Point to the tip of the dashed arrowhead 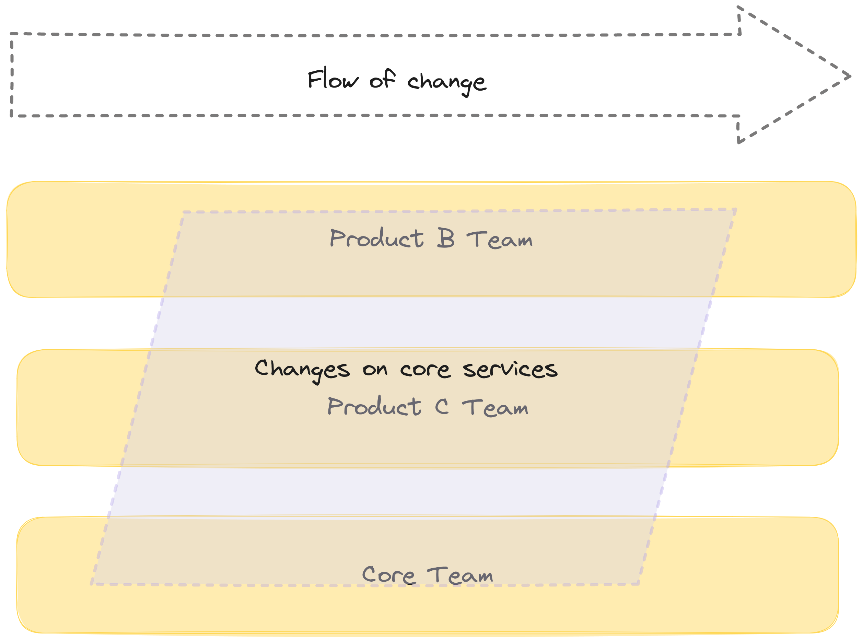(x=850, y=76)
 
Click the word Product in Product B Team (x=376, y=238)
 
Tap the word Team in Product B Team (x=499, y=240)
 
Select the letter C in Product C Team (x=442, y=406)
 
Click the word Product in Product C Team (x=374, y=406)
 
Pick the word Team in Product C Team (x=495, y=408)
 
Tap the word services (x=510, y=369)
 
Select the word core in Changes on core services (x=425, y=370)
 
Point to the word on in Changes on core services (x=375, y=370)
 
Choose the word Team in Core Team (x=460, y=575)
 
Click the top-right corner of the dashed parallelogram (x=736, y=210)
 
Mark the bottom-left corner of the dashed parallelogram (x=92, y=584)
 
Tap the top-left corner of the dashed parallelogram (x=184, y=212)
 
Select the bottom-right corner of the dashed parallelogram (x=638, y=584)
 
